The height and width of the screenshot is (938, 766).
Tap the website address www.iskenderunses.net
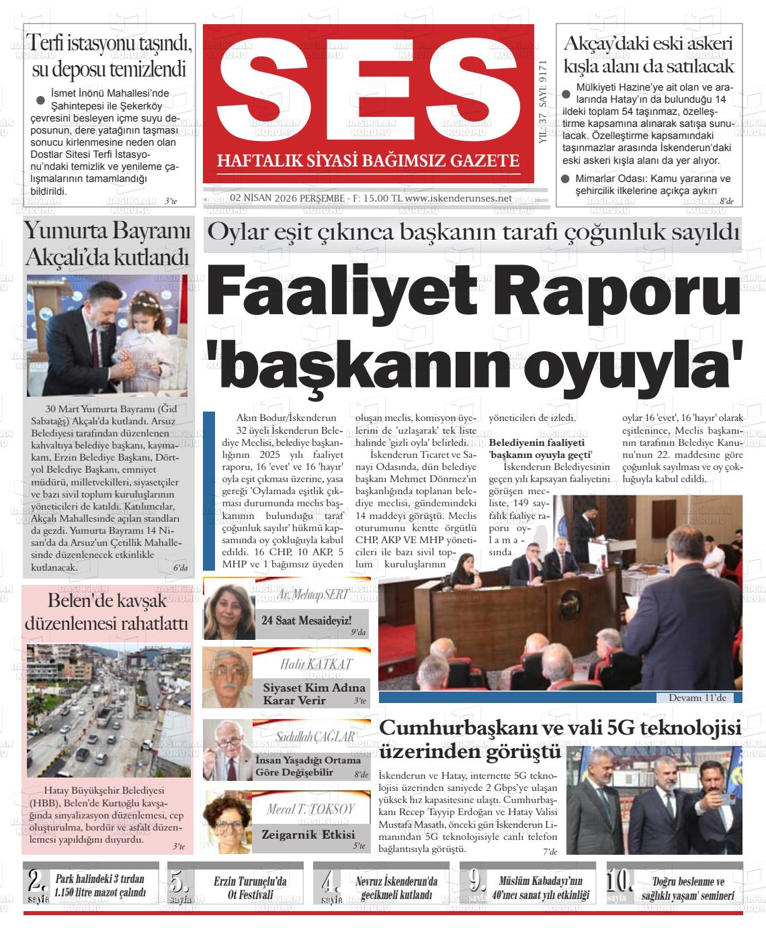pos(458,199)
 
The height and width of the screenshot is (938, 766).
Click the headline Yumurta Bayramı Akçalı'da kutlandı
pos(108,243)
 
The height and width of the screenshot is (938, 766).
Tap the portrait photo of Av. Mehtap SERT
pos(229,612)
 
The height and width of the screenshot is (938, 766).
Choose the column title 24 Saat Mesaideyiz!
pos(306,620)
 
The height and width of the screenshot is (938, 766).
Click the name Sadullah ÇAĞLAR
pos(315,737)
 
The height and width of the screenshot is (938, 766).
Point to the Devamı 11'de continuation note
pos(697,698)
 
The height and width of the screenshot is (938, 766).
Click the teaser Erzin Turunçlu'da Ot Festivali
pos(251,887)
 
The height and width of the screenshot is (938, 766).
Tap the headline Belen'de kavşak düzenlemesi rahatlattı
pos(108,611)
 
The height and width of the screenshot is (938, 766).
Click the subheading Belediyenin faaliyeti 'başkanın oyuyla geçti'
pos(540,449)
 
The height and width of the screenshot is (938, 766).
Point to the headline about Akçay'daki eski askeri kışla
pos(648,54)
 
